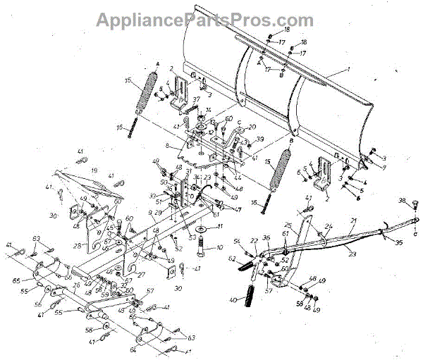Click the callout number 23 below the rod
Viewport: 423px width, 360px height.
point(352,253)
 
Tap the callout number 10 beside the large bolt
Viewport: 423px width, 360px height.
point(219,248)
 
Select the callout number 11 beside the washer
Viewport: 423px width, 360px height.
point(220,226)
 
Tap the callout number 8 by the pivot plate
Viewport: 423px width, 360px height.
point(167,146)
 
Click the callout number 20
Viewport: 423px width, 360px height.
point(252,128)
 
